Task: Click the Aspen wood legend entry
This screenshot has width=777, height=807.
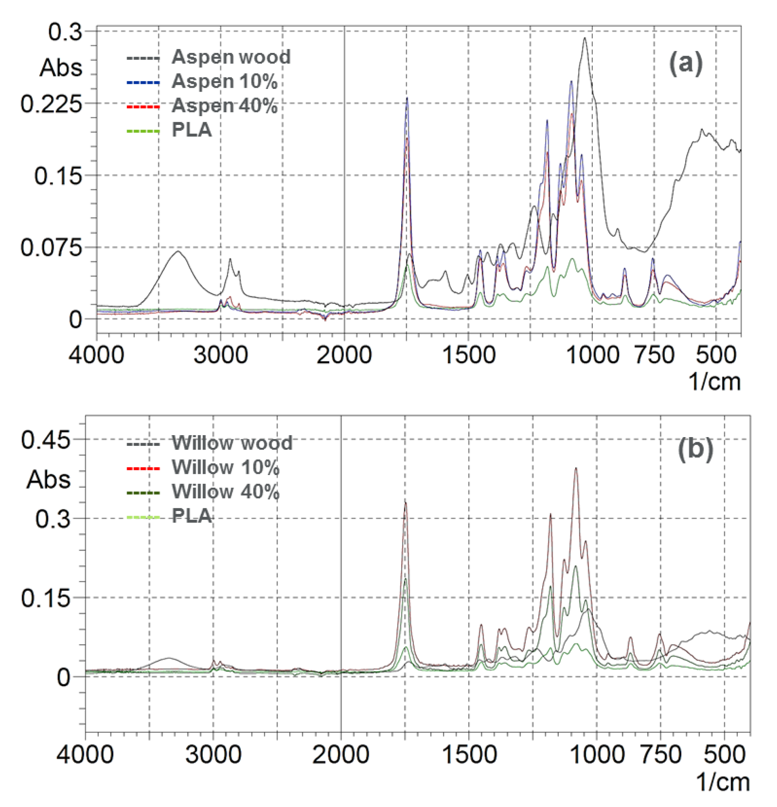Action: tap(230, 57)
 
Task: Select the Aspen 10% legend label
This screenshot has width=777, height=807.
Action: tap(224, 81)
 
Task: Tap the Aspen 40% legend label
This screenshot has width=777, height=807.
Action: tap(224, 106)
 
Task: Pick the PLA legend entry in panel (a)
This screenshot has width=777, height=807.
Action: tap(191, 130)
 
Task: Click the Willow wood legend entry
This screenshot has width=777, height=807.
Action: tap(232, 443)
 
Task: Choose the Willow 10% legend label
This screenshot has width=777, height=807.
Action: tap(226, 467)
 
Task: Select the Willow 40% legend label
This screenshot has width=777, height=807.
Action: tap(226, 492)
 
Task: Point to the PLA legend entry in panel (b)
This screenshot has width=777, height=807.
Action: tap(191, 515)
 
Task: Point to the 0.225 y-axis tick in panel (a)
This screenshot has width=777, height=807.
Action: tap(51, 104)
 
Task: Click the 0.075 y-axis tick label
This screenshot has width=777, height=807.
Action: tap(51, 248)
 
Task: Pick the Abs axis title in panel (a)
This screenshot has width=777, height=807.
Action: tap(61, 68)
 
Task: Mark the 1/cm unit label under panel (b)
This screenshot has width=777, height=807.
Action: tap(722, 782)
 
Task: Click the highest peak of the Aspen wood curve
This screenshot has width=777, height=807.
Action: tap(584, 38)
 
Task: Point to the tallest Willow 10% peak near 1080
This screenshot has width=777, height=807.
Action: tap(576, 468)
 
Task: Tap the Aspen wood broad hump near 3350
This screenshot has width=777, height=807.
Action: tap(178, 252)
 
